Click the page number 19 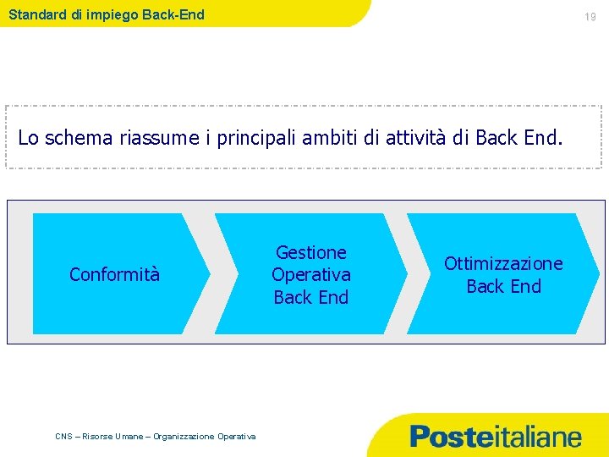pos(591,16)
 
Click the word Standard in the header pos(38,14)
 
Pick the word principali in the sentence pos(260,137)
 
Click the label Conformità pos(114,274)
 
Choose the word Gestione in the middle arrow pos(311,252)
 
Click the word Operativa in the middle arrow pos(311,275)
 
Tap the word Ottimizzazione pos(503,263)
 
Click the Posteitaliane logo pos(496,437)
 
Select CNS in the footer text pos(63,437)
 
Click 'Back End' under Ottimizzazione pos(503,286)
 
